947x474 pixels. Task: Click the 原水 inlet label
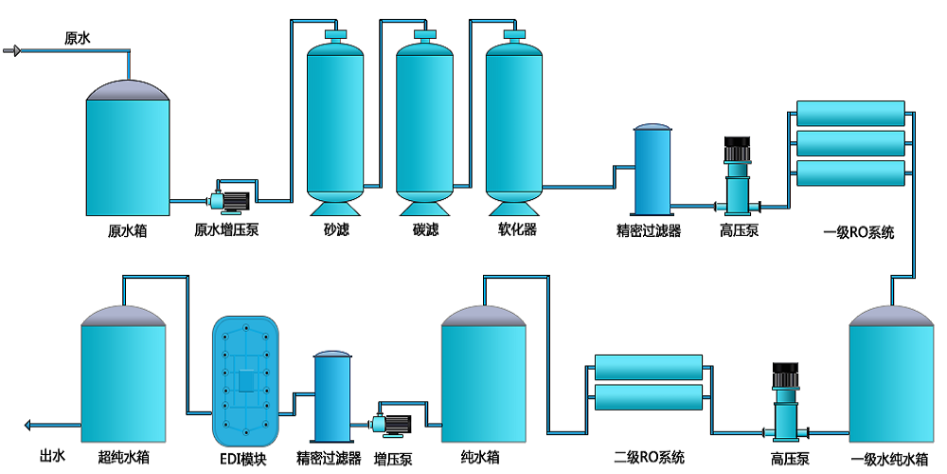coord(77,39)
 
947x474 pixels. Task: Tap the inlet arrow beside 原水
coord(12,50)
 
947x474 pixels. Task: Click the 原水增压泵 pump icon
coord(228,198)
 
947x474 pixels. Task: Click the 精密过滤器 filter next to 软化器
coord(652,171)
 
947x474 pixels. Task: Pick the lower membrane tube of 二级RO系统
coord(648,397)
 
